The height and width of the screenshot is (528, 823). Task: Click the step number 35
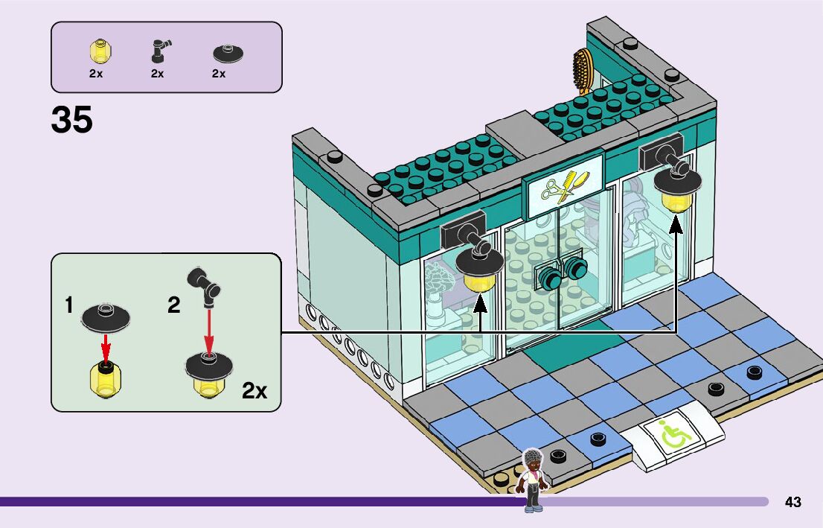point(72,119)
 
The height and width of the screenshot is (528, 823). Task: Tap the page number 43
point(793,502)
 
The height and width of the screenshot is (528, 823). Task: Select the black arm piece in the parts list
point(158,51)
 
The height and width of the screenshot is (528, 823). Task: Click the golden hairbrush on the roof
point(582,71)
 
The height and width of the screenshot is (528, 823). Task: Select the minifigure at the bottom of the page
point(533,480)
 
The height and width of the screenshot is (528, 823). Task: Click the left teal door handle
point(551,278)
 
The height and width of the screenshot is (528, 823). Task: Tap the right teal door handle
point(576,268)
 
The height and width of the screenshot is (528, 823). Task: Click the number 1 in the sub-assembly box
point(68,305)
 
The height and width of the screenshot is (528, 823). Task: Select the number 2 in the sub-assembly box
point(173,305)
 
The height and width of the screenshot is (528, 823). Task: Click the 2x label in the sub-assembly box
point(254,390)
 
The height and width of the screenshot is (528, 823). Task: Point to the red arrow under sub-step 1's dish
point(106,345)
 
